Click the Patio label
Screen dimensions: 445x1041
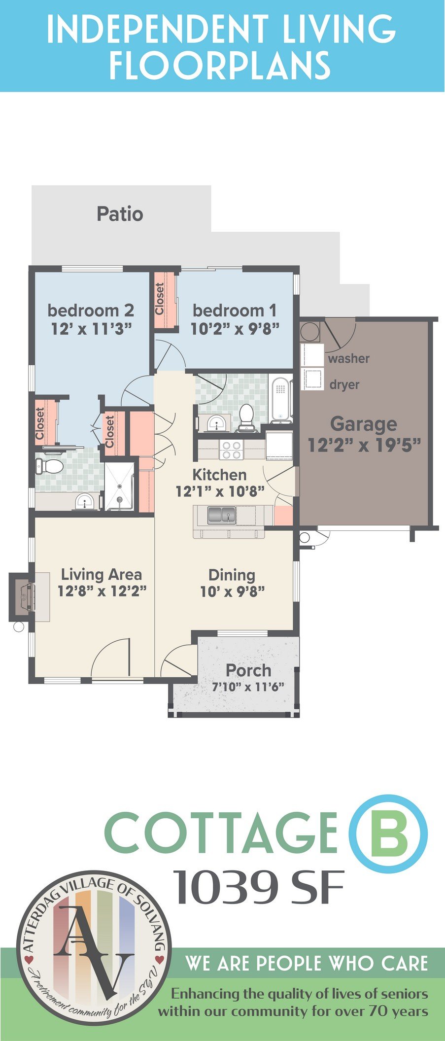tap(120, 214)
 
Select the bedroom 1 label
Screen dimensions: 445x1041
tap(235, 311)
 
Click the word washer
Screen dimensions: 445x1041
tap(348, 358)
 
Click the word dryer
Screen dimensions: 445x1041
tap(344, 384)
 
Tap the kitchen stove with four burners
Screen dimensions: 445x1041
tap(231, 450)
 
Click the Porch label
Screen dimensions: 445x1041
tap(248, 670)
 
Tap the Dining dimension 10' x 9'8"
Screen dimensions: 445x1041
tap(232, 591)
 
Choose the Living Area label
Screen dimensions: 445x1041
tap(102, 574)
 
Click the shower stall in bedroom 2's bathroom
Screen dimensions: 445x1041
tap(119, 486)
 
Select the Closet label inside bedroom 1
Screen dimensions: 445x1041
tap(160, 299)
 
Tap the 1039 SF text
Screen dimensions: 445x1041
tap(258, 887)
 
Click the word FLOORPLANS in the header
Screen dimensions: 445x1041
tap(220, 66)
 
